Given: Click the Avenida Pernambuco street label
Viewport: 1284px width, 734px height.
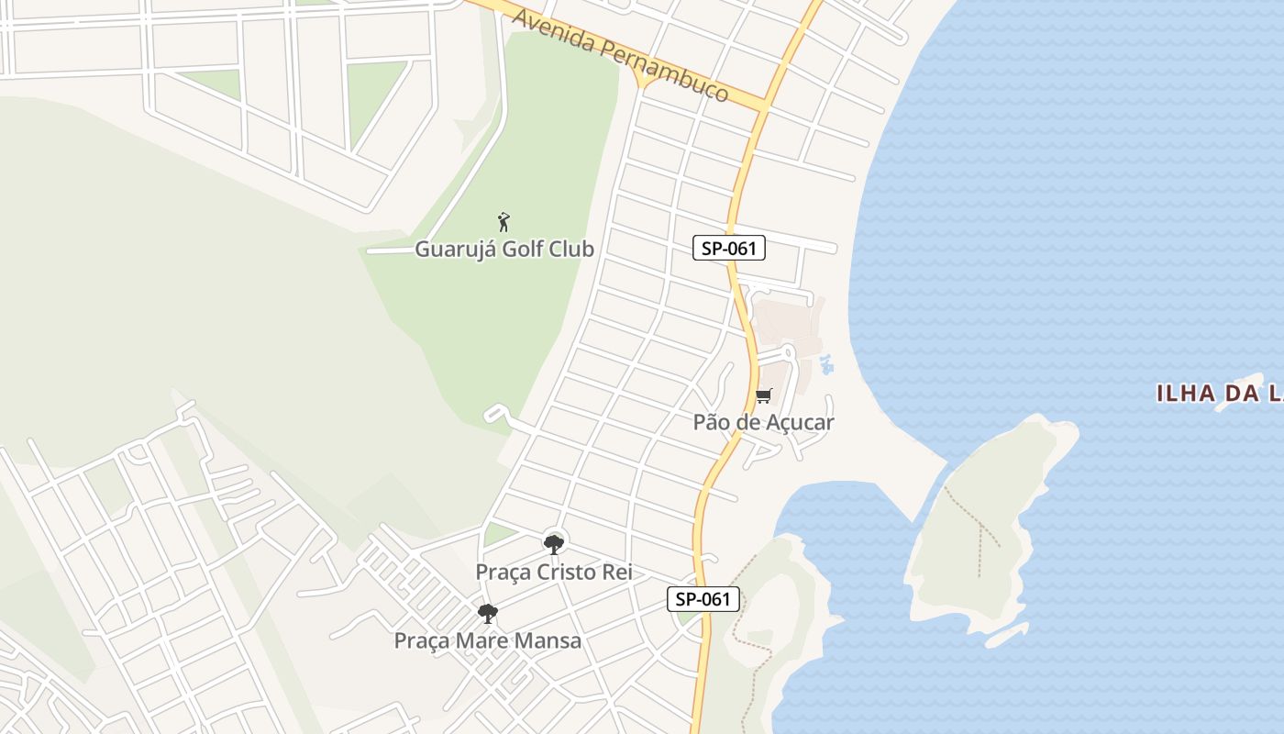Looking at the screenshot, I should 621,56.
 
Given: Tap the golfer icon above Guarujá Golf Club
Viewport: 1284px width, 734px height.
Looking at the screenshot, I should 504,221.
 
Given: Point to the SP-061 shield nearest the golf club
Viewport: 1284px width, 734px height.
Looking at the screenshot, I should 729,248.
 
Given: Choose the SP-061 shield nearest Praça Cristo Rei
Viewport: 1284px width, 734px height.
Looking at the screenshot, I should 703,599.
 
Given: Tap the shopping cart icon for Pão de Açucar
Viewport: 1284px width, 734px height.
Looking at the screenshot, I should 763,396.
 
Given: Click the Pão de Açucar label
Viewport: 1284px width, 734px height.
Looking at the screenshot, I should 763,422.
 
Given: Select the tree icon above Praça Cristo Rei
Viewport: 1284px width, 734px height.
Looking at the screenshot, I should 553,543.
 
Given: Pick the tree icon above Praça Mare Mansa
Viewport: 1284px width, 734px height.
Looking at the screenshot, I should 488,612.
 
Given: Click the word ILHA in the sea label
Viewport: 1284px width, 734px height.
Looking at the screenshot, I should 1183,395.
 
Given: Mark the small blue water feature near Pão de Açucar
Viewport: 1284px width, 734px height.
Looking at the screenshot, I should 826,364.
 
